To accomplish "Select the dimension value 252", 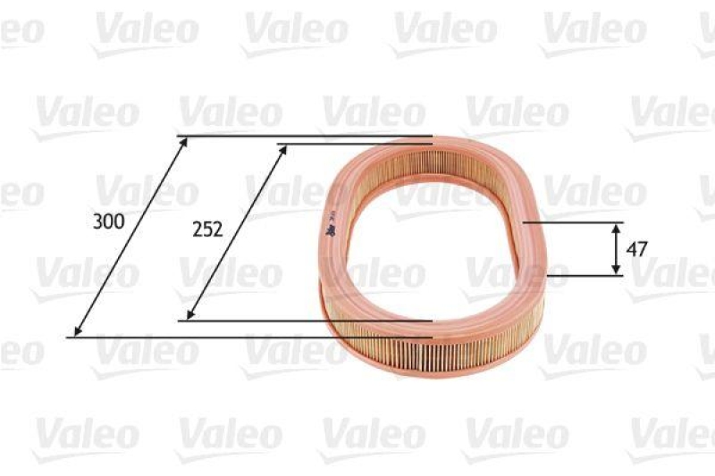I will coord(207,229).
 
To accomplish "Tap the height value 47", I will coord(636,249).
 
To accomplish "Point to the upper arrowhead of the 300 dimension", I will coord(184,141).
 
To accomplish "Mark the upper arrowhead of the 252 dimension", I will coord(284,148).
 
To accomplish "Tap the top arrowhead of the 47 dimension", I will coord(616,227).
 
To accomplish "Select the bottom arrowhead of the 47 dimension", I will coord(616,271).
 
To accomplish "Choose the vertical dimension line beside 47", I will coord(616,249).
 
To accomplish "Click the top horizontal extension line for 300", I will coord(304,137).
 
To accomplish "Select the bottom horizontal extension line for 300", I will coord(250,338).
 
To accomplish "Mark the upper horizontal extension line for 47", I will coord(572,222).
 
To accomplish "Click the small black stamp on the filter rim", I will coord(329,230).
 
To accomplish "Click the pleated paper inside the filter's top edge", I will coord(429,163).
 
